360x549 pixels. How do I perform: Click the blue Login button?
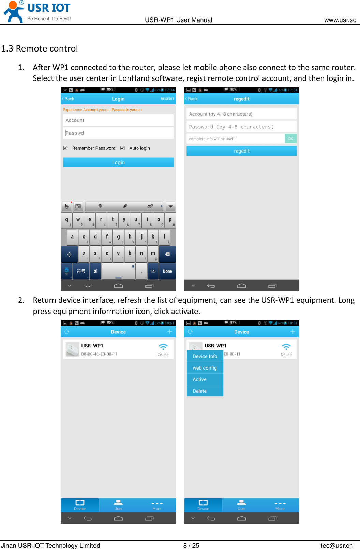118,162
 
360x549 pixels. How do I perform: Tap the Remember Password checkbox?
65,148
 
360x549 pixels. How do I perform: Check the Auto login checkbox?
122,148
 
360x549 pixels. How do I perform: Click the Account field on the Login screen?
118,120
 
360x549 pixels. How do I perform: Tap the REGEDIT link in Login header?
167,99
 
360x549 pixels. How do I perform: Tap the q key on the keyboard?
66,220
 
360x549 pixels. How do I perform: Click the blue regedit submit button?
241,151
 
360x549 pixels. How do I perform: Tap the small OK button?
290,139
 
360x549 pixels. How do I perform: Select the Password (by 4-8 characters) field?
241,127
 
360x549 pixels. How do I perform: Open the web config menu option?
205,368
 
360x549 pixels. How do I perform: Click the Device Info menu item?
205,356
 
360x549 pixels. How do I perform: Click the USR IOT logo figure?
14,12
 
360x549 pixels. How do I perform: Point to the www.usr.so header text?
340,20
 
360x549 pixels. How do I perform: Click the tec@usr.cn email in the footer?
336,545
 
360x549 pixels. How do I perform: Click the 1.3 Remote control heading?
40,48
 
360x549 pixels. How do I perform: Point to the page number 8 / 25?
191,545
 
